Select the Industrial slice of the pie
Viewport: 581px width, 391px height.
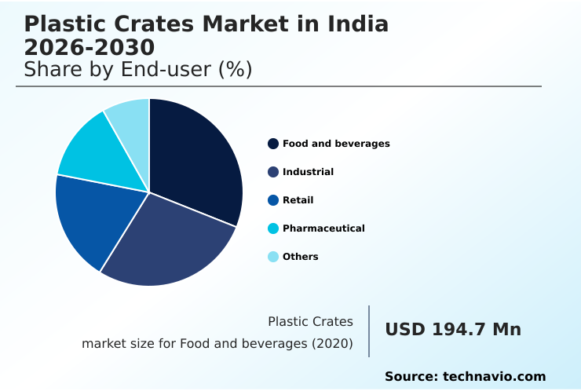169,243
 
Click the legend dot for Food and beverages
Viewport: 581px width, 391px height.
273,144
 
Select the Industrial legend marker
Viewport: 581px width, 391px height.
273,172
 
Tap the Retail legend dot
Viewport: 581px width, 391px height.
273,200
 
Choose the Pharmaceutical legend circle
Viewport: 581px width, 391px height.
273,228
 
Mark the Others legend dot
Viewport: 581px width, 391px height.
273,257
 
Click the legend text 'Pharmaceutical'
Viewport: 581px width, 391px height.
323,228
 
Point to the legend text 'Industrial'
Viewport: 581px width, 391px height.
308,172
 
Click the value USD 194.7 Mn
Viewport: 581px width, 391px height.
453,330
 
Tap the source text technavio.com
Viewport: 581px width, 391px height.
494,377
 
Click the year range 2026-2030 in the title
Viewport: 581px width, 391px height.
89,48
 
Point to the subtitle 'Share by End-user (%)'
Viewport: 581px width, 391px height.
137,70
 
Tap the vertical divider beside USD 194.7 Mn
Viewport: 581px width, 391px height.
369,331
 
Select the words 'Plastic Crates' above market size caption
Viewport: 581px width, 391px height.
310,321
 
